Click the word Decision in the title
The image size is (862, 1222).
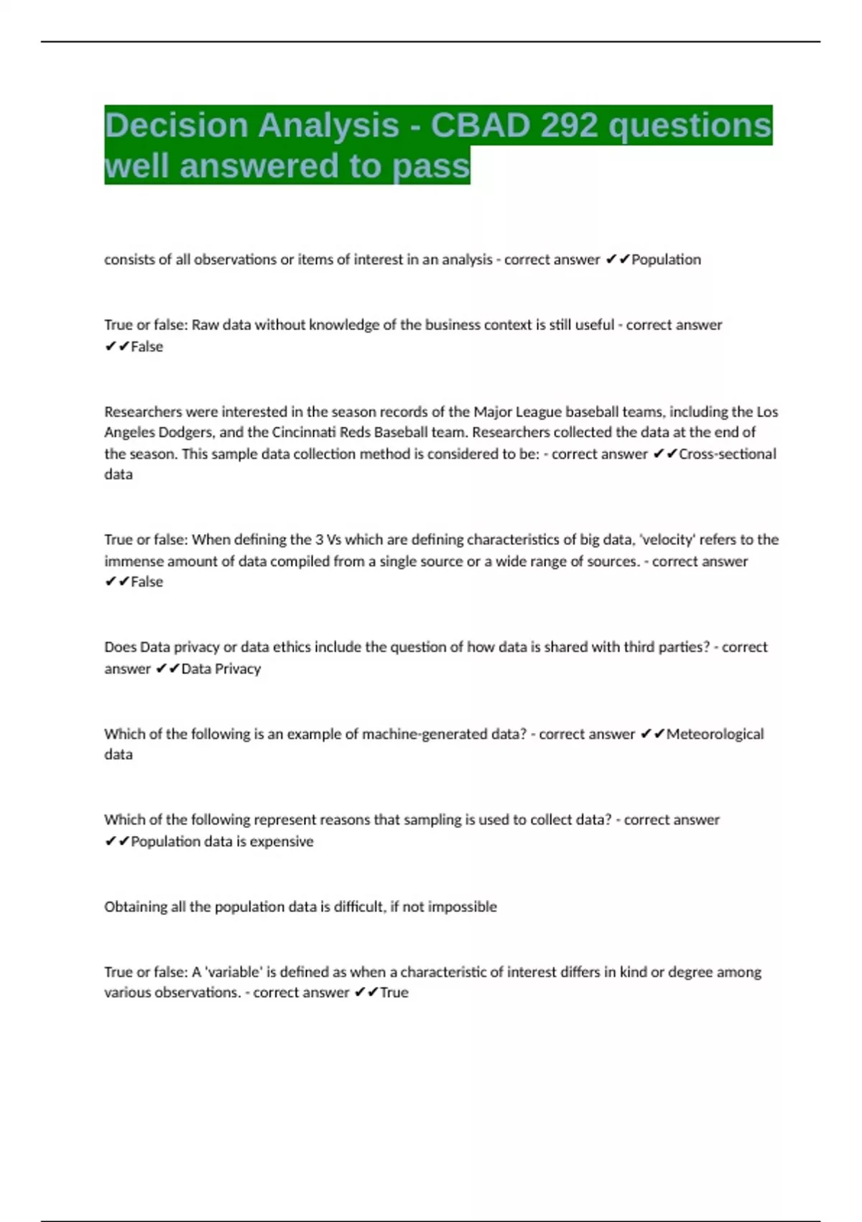(175, 125)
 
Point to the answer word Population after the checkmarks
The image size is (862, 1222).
(666, 259)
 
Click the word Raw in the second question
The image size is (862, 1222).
(205, 325)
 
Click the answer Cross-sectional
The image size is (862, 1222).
(727, 454)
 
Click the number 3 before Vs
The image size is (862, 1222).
(319, 540)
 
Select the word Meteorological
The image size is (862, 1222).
(715, 734)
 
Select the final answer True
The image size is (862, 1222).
(394, 993)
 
